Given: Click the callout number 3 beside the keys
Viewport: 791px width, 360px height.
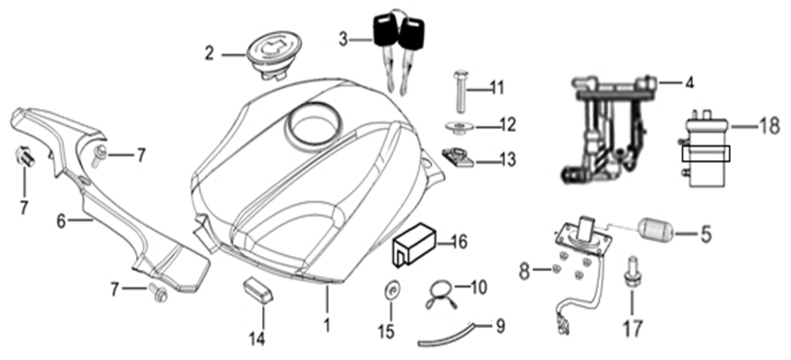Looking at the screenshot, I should click(x=343, y=39).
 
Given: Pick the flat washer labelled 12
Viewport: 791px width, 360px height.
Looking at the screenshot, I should click(x=457, y=126).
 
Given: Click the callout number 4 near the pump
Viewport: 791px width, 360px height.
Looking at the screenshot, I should click(x=688, y=83).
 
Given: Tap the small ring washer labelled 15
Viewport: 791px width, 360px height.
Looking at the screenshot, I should click(x=391, y=288).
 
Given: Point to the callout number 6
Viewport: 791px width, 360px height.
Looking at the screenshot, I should click(x=61, y=221).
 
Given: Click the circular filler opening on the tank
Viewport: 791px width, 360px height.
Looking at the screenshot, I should click(x=313, y=125).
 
